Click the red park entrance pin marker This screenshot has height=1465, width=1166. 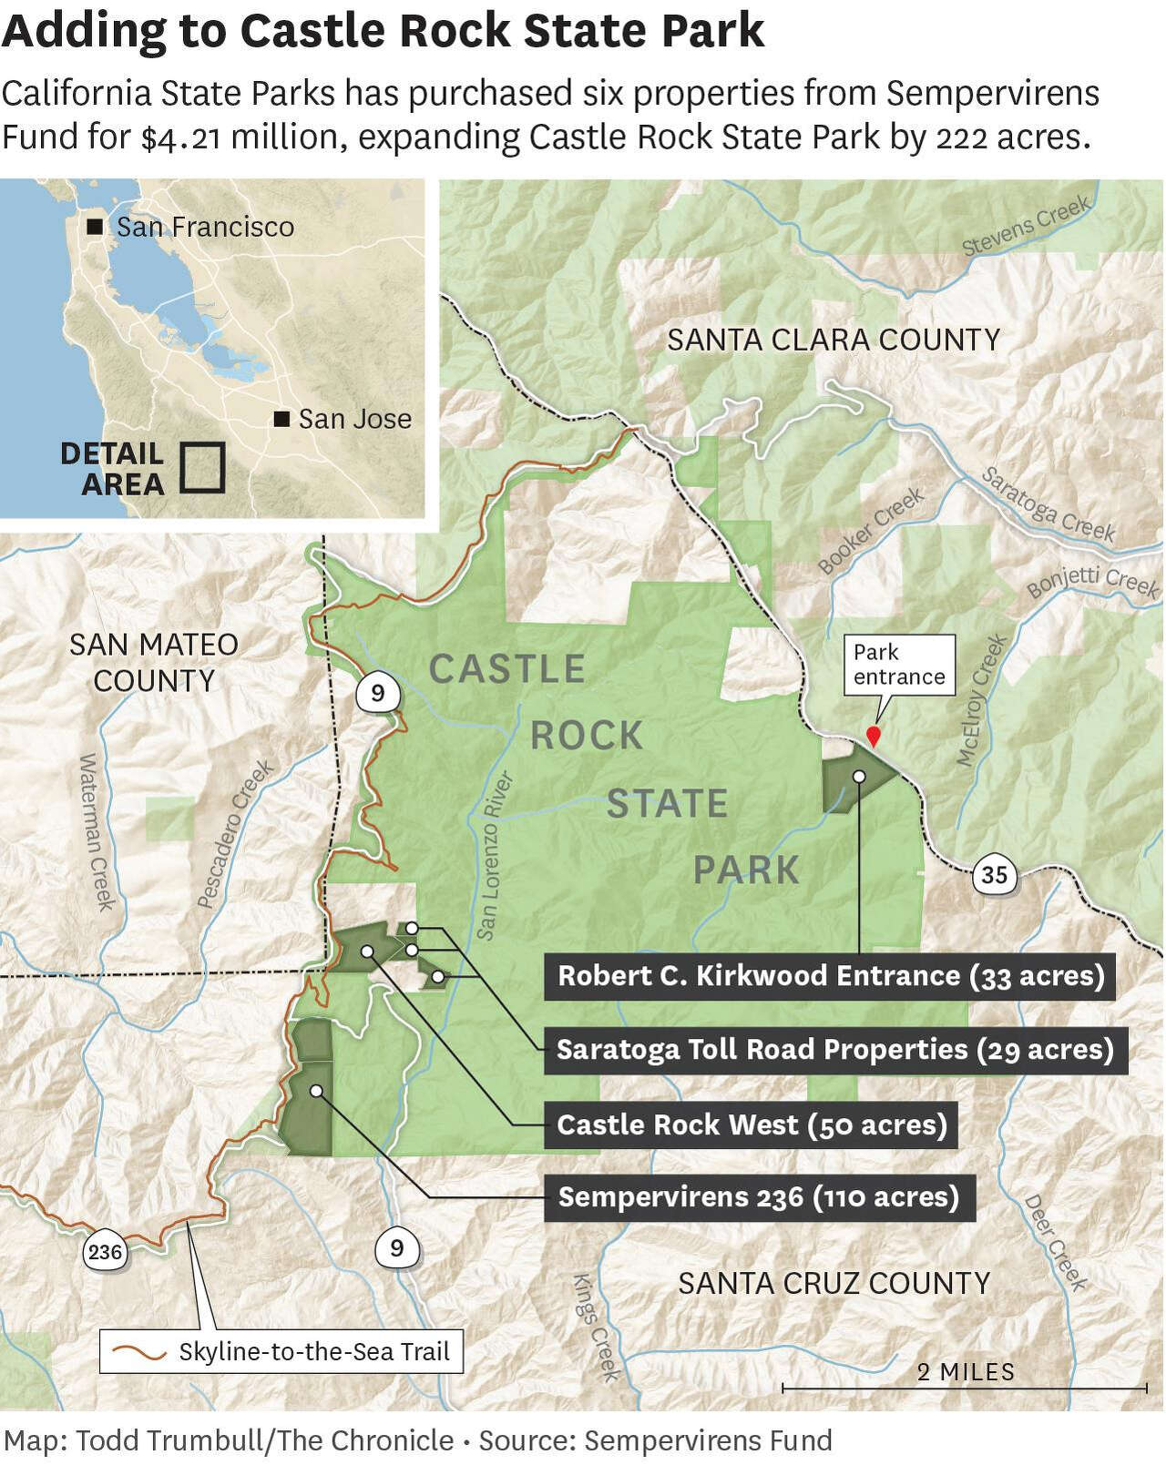(874, 736)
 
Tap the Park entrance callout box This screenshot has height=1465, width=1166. (899, 666)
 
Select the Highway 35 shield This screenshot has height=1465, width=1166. (994, 874)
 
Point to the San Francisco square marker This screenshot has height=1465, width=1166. (94, 228)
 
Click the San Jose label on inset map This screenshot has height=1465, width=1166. (354, 419)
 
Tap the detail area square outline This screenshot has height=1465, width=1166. (202, 467)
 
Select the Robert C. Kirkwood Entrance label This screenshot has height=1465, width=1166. (831, 976)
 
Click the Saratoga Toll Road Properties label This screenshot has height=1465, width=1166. (835, 1050)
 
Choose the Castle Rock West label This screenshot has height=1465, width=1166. (752, 1124)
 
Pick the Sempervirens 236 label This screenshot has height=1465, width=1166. (759, 1196)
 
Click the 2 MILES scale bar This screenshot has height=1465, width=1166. (965, 1387)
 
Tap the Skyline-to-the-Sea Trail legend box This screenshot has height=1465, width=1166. (281, 1351)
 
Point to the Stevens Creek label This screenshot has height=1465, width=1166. (1027, 226)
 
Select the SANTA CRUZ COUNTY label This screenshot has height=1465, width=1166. (834, 1283)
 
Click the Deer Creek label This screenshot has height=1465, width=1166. (1056, 1242)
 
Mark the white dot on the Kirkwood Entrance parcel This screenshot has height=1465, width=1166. (859, 776)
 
